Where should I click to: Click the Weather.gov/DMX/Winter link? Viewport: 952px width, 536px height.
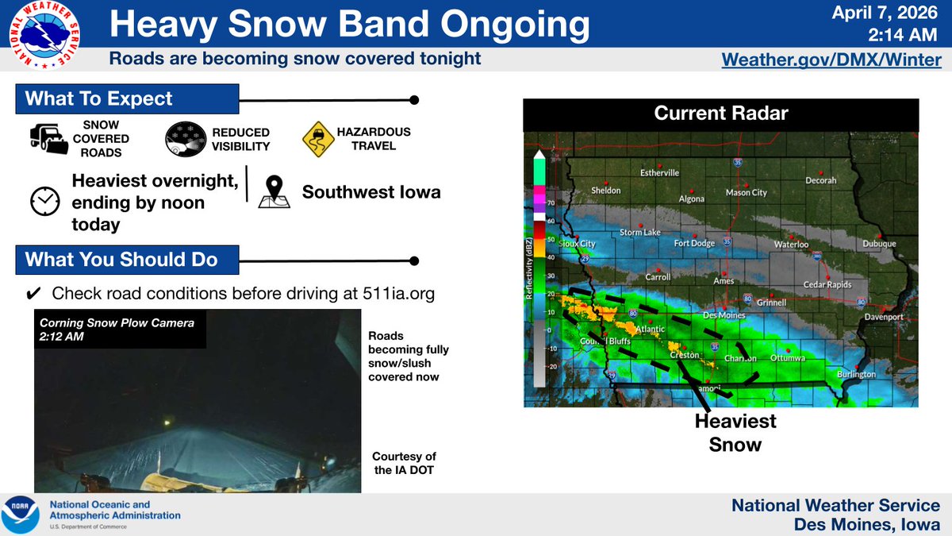click(831, 60)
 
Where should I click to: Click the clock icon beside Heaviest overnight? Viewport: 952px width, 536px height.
click(44, 202)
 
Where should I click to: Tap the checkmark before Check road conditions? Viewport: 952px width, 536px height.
click(34, 294)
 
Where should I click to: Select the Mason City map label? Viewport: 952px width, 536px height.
click(747, 193)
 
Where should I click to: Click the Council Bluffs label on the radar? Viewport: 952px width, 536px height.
click(605, 341)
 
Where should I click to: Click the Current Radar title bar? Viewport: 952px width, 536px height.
click(720, 114)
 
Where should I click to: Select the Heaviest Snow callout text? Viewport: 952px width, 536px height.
click(735, 432)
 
